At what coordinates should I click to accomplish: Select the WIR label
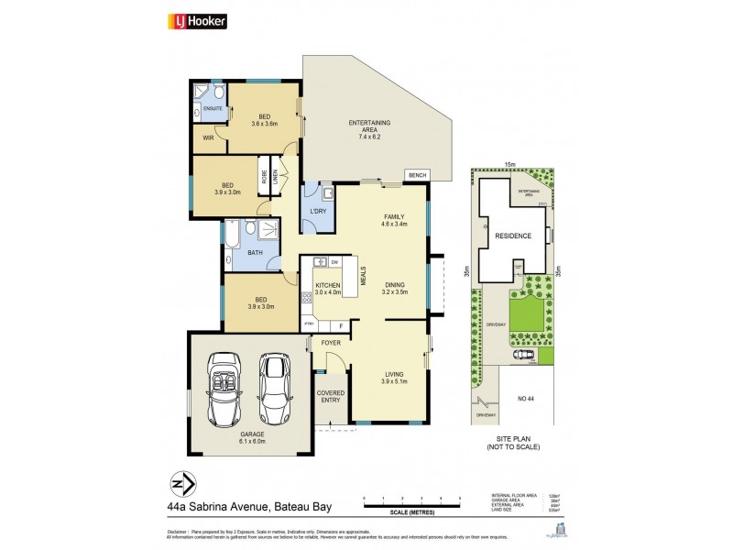click(209, 140)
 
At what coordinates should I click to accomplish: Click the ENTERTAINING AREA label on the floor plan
click(369, 126)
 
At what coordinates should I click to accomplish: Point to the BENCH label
click(418, 174)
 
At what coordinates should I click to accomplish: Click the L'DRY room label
click(318, 212)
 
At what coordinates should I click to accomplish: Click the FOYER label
click(331, 343)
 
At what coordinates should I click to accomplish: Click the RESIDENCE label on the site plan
click(513, 236)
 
